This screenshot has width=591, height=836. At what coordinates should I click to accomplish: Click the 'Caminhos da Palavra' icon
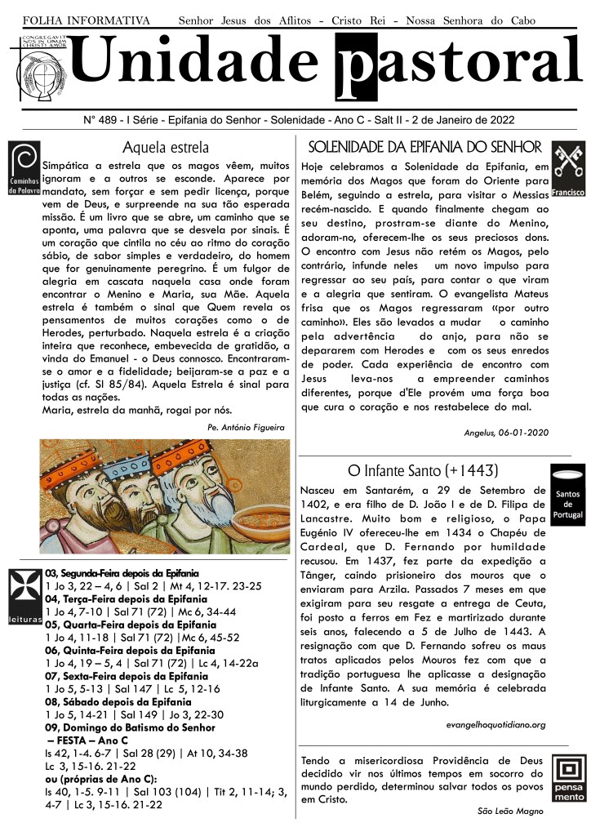24,168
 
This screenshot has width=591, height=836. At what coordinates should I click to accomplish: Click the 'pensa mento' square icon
568,780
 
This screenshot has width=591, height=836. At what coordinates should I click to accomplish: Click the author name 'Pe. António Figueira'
246,426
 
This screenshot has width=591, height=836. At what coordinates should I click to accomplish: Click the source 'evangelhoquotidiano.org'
495,724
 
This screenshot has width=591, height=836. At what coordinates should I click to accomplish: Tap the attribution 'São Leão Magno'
511,811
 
